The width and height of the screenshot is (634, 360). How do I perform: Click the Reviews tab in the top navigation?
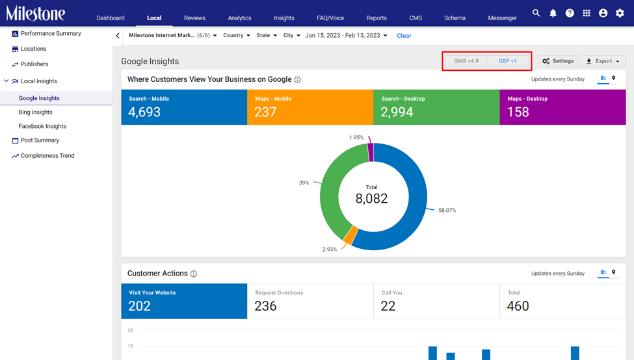[x=194, y=18]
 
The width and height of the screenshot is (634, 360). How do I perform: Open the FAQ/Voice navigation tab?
[x=330, y=18]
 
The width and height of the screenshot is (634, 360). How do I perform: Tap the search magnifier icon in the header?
[x=536, y=13]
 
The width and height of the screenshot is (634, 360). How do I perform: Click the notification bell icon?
[x=553, y=14]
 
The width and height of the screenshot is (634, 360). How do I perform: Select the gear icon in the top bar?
[x=620, y=14]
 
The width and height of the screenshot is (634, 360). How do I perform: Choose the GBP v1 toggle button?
[x=507, y=61]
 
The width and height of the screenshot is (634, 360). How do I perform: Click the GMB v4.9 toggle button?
[x=466, y=61]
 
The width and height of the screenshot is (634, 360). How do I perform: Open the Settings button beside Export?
[x=558, y=61]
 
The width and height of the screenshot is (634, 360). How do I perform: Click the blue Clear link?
[x=404, y=36]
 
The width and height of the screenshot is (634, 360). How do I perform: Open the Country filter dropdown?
[x=237, y=36]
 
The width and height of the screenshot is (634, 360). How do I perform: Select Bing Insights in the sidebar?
[x=36, y=112]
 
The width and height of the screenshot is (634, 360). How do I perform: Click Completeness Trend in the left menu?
[x=47, y=155]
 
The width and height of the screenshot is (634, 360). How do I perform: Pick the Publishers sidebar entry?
[x=34, y=64]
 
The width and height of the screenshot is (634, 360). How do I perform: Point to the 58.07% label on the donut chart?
[x=447, y=210]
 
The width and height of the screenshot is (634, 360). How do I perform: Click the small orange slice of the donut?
[x=350, y=235]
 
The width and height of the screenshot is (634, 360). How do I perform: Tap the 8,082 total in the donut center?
[x=371, y=198]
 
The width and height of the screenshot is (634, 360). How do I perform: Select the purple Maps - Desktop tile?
[x=563, y=107]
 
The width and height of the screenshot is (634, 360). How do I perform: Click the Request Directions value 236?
[x=266, y=306]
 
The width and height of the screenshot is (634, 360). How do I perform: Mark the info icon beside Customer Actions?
[x=194, y=274]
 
